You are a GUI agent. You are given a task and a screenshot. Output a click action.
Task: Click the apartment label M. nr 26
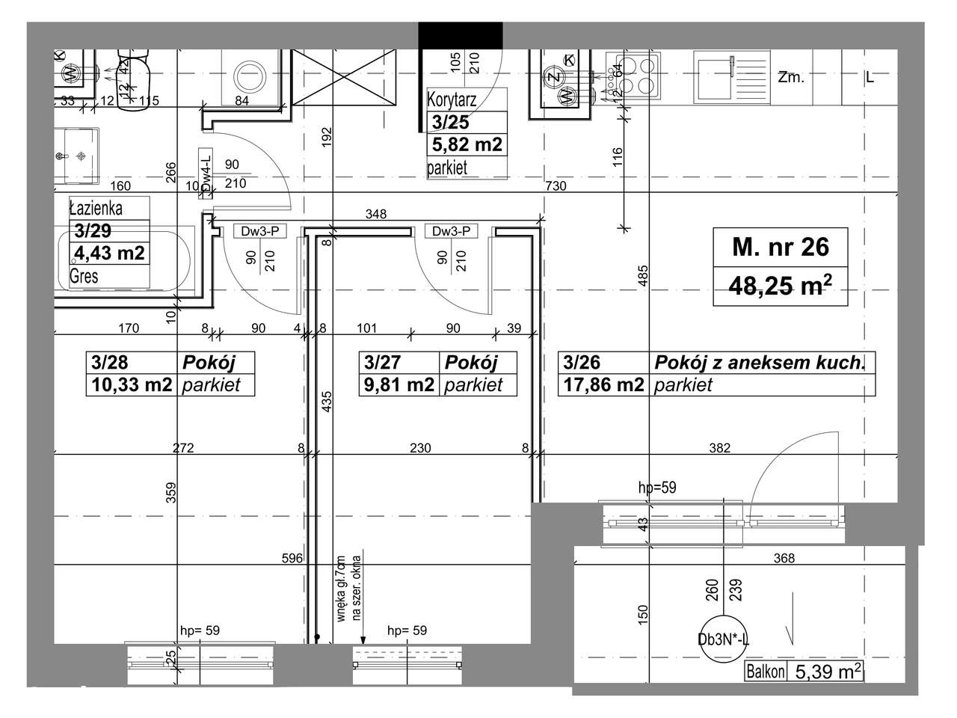click(781, 247)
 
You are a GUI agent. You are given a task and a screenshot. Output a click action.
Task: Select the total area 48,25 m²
click(781, 286)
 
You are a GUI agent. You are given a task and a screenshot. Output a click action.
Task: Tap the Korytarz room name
click(452, 99)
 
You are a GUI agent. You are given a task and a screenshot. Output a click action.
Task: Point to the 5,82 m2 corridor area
click(467, 144)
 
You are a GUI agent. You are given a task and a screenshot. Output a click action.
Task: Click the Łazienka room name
click(96, 208)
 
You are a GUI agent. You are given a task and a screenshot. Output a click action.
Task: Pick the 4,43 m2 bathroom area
click(108, 253)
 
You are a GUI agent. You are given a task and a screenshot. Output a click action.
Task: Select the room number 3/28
click(109, 363)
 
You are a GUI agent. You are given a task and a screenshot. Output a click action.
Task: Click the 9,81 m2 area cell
click(399, 385)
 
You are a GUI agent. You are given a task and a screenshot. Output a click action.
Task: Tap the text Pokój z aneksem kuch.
click(760, 363)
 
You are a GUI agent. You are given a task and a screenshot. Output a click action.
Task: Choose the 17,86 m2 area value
click(603, 385)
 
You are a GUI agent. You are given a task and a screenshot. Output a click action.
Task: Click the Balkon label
click(766, 672)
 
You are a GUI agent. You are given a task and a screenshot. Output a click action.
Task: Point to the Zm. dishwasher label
click(790, 77)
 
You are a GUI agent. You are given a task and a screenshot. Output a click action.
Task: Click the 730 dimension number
click(556, 186)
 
